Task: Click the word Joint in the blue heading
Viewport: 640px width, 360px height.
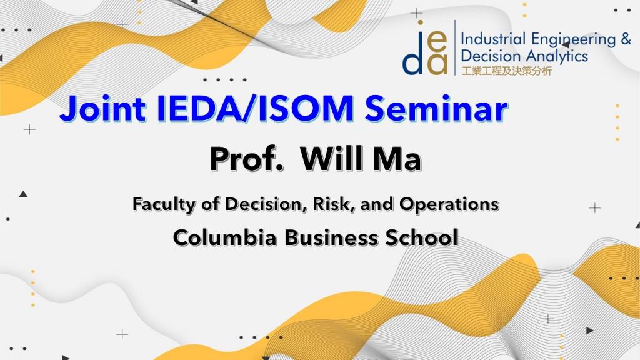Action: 103,108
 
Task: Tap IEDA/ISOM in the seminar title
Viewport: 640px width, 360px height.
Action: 255,108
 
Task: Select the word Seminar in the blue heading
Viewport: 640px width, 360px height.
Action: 436,108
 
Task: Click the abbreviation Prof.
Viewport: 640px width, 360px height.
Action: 246,159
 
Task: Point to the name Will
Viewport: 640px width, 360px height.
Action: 331,159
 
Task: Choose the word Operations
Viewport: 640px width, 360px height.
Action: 449,204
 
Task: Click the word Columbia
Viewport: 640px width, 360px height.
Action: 225,237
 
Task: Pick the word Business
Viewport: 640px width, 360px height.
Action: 331,237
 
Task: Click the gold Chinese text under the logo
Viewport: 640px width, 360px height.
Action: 506,71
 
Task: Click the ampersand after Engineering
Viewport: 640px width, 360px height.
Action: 626,39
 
